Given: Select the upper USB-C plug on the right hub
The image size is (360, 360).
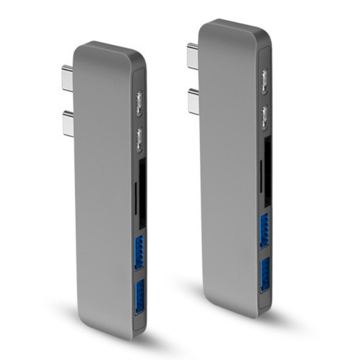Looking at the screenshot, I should click(x=192, y=55).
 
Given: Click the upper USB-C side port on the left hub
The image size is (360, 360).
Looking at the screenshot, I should click(x=139, y=100).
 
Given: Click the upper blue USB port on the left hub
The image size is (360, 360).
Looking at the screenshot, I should click(x=139, y=252).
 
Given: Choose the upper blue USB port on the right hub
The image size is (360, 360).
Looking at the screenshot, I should click(x=264, y=229).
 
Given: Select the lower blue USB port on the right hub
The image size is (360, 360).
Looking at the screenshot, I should click(x=265, y=275).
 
